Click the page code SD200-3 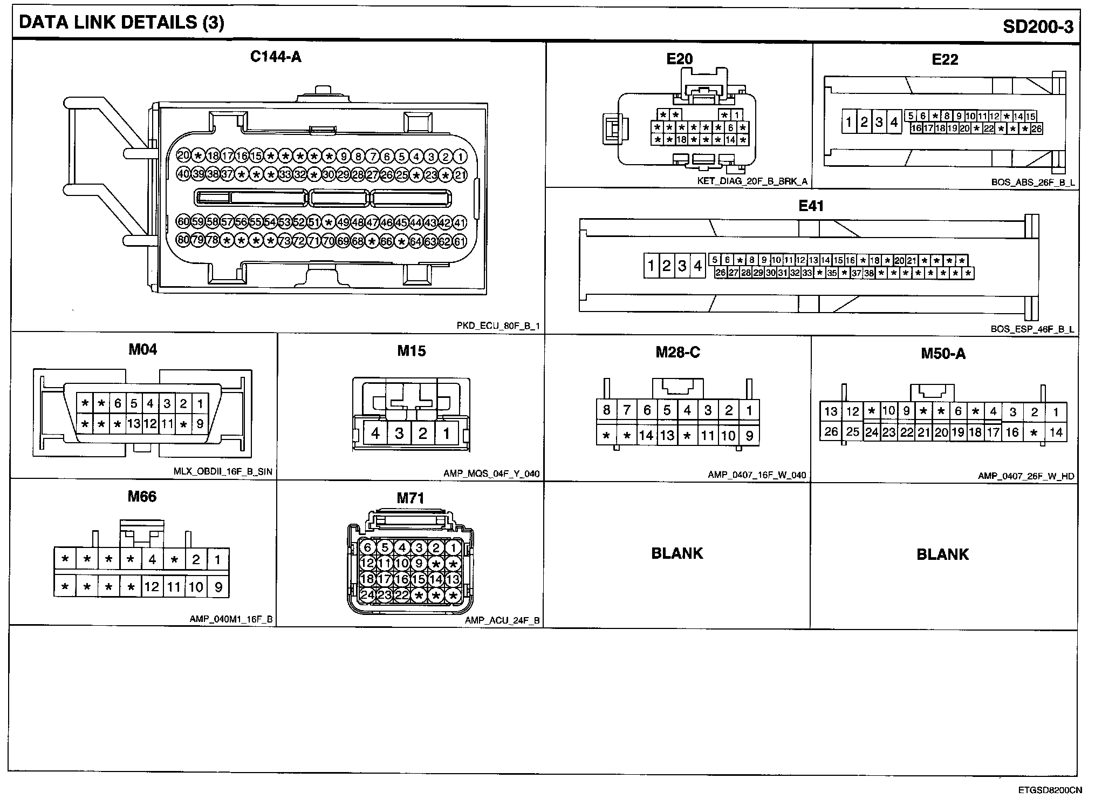pos(1038,26)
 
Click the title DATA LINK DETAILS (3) pos(121,23)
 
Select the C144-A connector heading pos(276,57)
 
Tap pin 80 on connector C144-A pos(183,240)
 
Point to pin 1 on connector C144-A pos(460,157)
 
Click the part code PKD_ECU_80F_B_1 pos(498,326)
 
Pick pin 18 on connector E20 pos(682,140)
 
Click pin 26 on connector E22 pos(1036,128)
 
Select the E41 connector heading pos(811,206)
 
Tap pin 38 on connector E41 pos(869,273)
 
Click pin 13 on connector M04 pos(134,424)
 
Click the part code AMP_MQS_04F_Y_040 pos(491,473)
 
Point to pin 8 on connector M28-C pos(606,410)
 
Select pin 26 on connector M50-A pos(831,431)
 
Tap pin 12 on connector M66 pos(152,587)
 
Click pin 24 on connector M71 pos(367,595)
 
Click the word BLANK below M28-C pos(677,553)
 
